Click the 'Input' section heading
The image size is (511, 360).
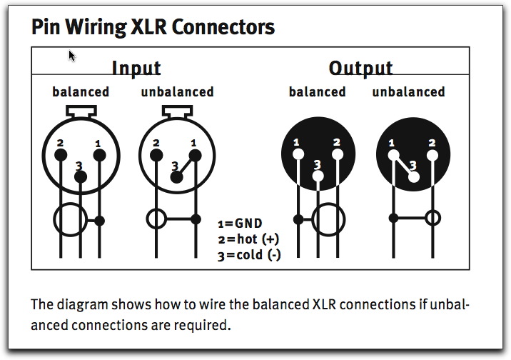tap(136, 69)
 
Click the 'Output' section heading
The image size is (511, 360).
tap(360, 69)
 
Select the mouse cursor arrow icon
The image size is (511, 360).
tap(72, 55)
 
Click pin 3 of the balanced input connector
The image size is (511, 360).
tap(80, 175)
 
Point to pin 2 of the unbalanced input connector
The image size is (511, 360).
tap(156, 154)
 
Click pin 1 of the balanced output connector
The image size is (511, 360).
tap(298, 154)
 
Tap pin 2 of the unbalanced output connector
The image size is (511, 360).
tap(431, 154)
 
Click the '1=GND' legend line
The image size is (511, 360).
tap(240, 223)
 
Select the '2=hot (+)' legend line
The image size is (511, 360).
tap(248, 239)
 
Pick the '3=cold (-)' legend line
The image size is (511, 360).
tap(248, 254)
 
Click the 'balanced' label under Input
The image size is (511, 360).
tap(81, 91)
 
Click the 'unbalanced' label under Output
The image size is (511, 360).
tap(408, 91)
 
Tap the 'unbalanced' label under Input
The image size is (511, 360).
tap(177, 91)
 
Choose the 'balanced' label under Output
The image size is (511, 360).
tap(317, 91)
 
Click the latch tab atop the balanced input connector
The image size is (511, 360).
tap(80, 111)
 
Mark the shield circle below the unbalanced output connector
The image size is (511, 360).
tap(432, 217)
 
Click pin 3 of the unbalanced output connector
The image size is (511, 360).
tap(413, 176)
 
